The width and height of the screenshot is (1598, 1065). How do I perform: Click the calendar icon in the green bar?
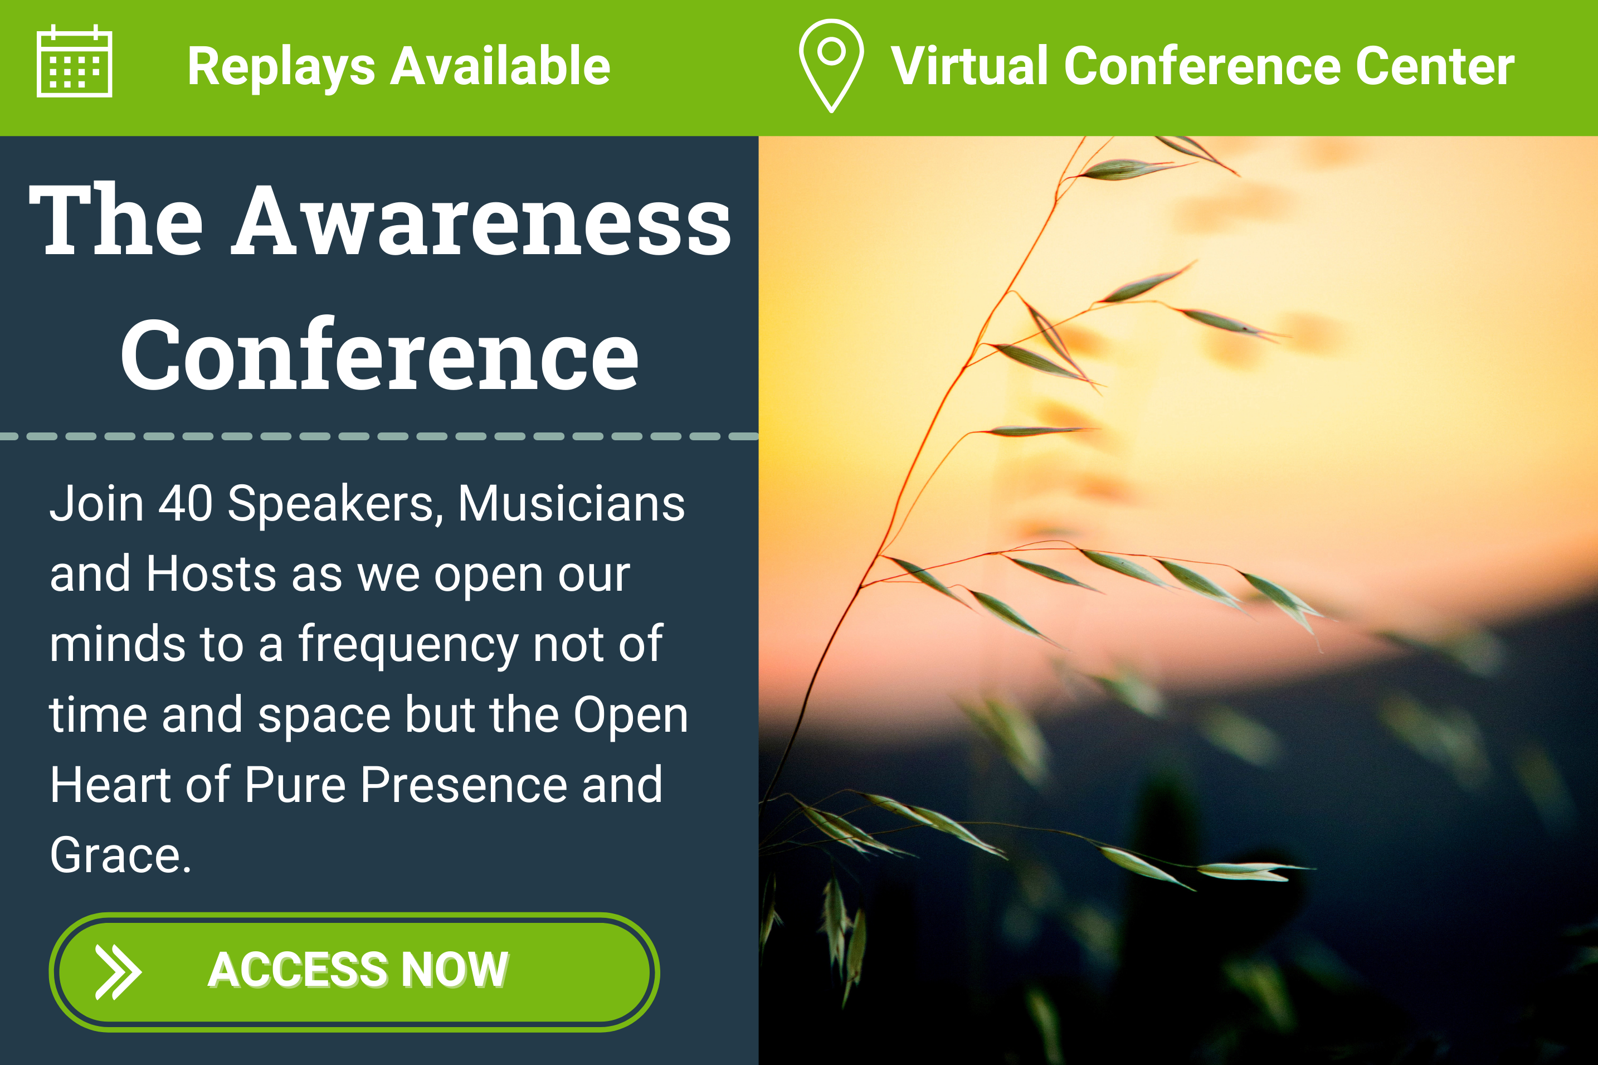(x=74, y=61)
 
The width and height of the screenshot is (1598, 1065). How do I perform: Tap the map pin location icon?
(x=831, y=65)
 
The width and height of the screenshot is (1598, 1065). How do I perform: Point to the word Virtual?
(x=970, y=66)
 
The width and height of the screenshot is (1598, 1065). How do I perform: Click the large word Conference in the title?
(x=379, y=354)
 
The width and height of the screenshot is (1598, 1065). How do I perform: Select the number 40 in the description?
(x=185, y=503)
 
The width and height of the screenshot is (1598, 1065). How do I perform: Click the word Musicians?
(x=571, y=503)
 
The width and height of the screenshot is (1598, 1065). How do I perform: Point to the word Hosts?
(x=211, y=574)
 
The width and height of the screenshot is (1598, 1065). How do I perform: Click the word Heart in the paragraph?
(x=110, y=785)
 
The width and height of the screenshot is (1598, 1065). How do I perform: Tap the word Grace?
(x=120, y=855)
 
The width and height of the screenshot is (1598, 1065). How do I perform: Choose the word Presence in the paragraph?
(x=463, y=785)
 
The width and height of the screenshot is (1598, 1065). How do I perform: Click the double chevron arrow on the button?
(x=118, y=972)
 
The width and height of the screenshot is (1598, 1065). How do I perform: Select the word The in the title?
(x=115, y=220)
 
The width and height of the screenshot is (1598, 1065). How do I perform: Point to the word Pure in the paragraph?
(x=295, y=785)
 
